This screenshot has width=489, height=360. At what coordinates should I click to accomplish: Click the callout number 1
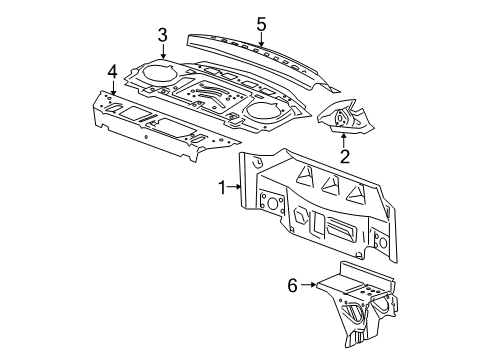pyautogui.click(x=223, y=185)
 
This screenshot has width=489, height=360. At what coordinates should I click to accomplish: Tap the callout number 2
pyautogui.click(x=344, y=155)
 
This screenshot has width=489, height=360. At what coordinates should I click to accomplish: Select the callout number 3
pyautogui.click(x=162, y=37)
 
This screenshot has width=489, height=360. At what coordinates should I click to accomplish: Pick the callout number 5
pyautogui.click(x=261, y=22)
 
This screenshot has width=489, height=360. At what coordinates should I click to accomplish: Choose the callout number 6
pyautogui.click(x=292, y=285)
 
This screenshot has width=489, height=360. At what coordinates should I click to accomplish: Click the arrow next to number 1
pyautogui.click(x=237, y=185)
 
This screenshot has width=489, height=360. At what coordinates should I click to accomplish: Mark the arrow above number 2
pyautogui.click(x=344, y=138)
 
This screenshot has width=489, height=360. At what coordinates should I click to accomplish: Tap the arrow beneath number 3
pyautogui.click(x=162, y=53)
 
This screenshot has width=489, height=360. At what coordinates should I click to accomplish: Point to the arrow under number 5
pyautogui.click(x=261, y=39)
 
